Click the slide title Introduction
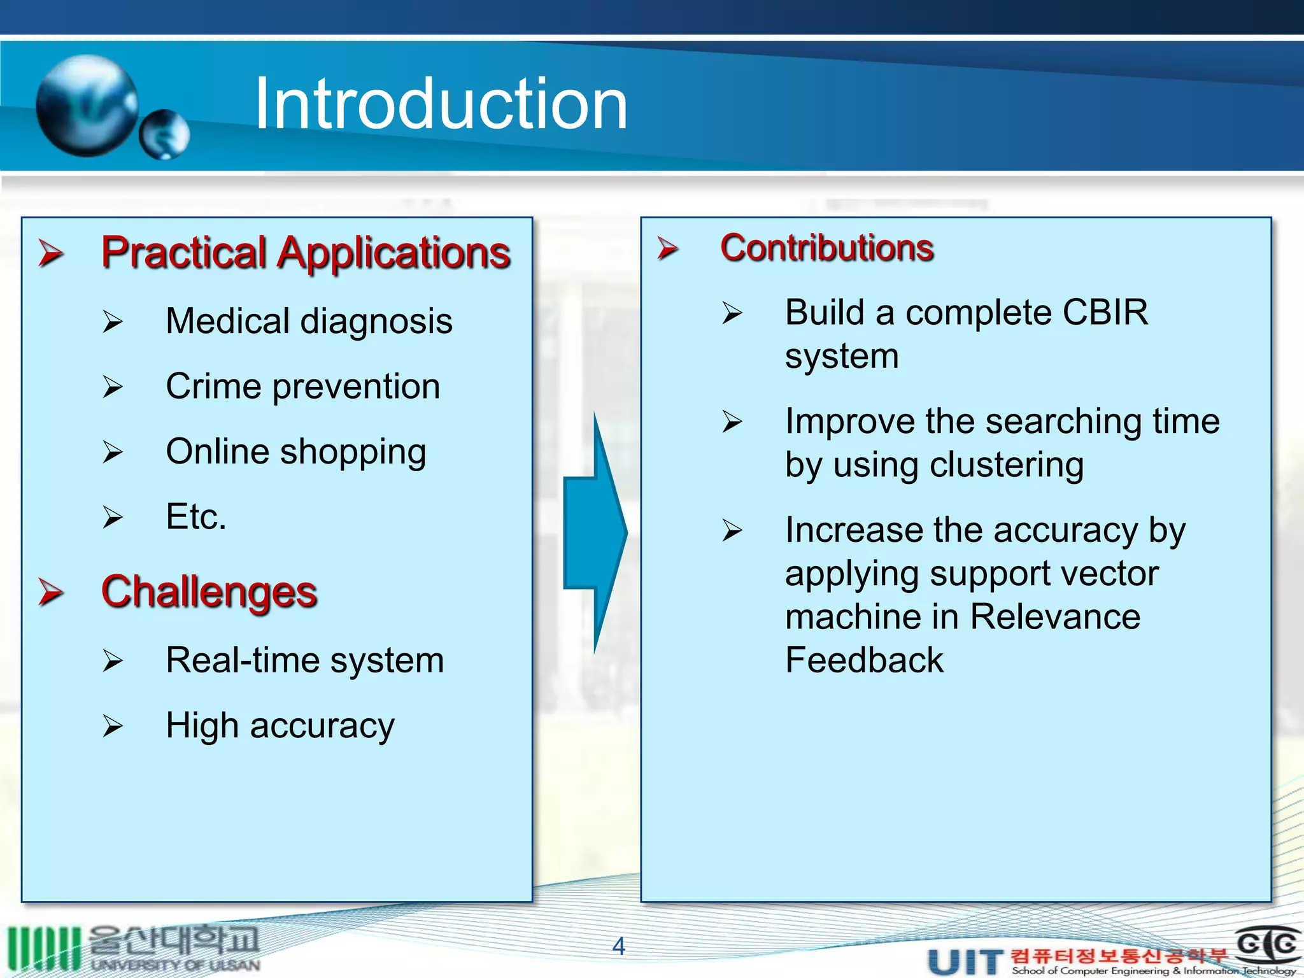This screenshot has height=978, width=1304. pyautogui.click(x=441, y=104)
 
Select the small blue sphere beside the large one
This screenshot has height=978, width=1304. pyautogui.click(x=164, y=134)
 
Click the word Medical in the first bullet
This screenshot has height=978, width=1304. pyautogui.click(x=227, y=320)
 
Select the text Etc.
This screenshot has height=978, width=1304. pyautogui.click(x=195, y=516)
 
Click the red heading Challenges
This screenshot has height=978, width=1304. pyautogui.click(x=209, y=592)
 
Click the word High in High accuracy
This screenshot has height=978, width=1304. pyautogui.click(x=202, y=725)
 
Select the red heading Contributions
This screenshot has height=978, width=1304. pyautogui.click(x=826, y=248)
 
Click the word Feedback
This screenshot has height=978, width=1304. pyautogui.click(x=863, y=660)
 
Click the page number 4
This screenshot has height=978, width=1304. pyautogui.click(x=618, y=946)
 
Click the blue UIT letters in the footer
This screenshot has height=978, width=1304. pyautogui.click(x=965, y=961)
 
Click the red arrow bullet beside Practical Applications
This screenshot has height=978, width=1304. pyautogui.click(x=50, y=253)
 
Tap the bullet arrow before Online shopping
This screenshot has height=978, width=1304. pyautogui.click(x=113, y=452)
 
